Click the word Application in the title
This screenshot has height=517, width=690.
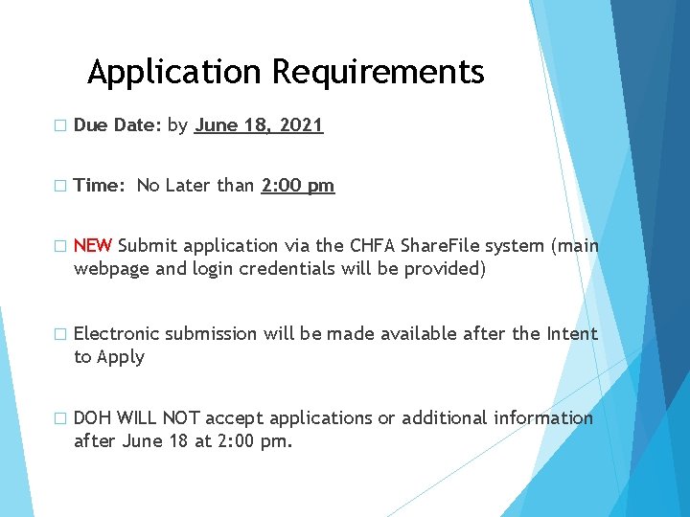click(x=173, y=73)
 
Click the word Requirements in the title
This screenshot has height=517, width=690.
click(x=378, y=73)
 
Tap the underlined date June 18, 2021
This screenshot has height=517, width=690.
click(x=259, y=124)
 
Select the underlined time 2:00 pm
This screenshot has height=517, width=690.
click(x=297, y=186)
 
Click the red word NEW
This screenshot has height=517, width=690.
click(x=93, y=246)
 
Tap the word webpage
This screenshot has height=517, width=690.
click(x=111, y=269)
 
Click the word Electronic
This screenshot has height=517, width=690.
click(x=116, y=333)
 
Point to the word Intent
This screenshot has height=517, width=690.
click(x=572, y=333)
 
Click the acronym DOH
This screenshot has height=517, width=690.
click(x=92, y=417)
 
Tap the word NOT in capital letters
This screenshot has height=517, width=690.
click(x=181, y=417)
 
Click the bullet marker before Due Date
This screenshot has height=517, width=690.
click(x=59, y=125)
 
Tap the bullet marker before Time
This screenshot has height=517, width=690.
click(x=59, y=187)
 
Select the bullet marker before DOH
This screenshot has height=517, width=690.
click(x=59, y=418)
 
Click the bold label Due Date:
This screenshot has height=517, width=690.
click(x=117, y=124)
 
